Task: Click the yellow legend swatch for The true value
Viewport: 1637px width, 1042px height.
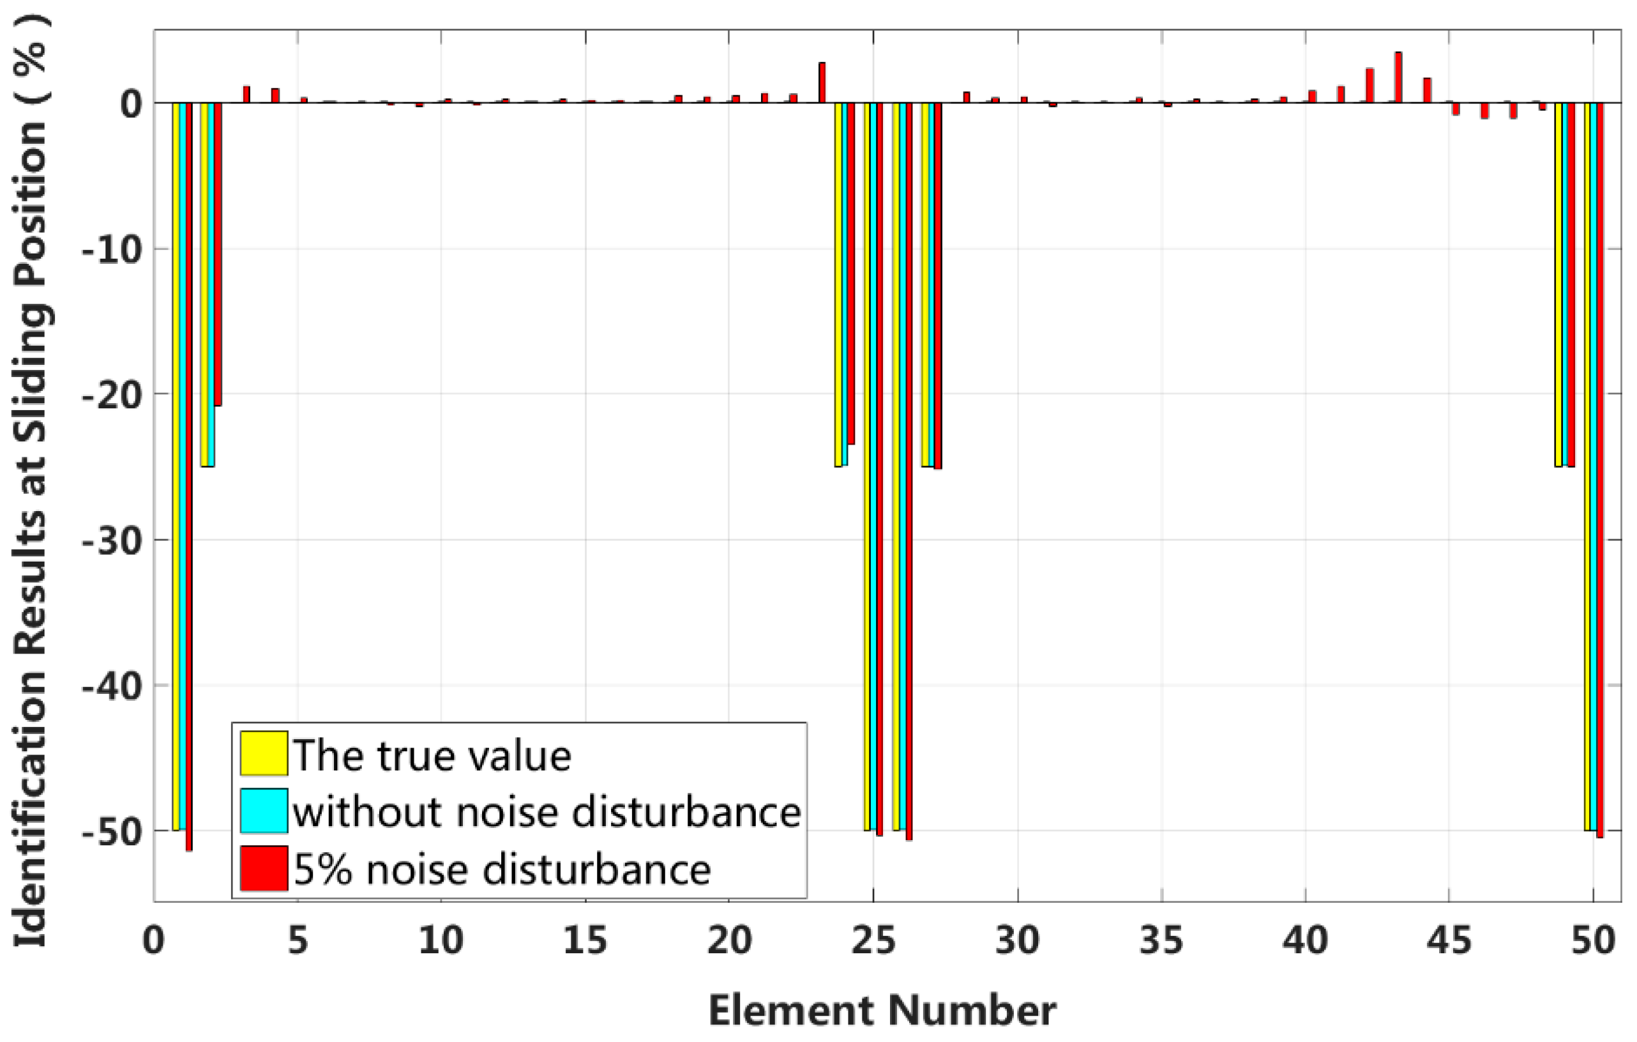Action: (264, 753)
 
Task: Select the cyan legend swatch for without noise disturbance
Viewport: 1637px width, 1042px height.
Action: (264, 810)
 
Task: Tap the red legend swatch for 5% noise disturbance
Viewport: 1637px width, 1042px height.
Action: (264, 868)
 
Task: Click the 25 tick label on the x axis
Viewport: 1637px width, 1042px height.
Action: (873, 941)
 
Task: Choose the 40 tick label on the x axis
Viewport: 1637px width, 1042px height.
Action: (1305, 941)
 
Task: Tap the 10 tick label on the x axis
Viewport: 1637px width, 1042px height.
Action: (441, 941)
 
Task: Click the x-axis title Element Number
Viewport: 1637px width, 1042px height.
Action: (882, 1010)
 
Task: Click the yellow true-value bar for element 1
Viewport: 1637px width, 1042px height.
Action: (176, 466)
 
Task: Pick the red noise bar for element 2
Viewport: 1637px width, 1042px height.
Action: (218, 254)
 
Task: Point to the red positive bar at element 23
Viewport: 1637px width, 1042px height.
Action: (822, 82)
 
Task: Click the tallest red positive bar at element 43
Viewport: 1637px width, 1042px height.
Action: (1398, 77)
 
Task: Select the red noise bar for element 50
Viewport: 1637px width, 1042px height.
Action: (1599, 470)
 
